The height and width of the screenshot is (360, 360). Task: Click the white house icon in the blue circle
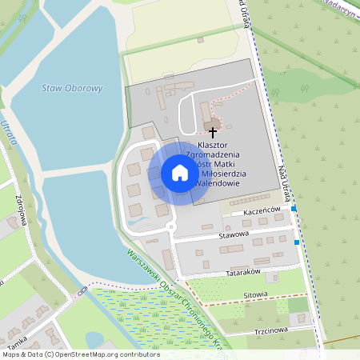[x=179, y=173]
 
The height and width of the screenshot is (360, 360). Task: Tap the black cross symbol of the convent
[x=213, y=130]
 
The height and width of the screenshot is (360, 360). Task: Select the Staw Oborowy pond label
[x=73, y=88]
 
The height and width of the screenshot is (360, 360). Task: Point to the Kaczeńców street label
[x=262, y=210]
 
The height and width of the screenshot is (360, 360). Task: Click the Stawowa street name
[x=234, y=234]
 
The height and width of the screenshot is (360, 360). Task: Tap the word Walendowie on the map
[x=218, y=183]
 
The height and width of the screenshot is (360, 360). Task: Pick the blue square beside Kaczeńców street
[x=294, y=209]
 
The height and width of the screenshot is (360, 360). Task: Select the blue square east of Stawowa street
[x=297, y=242]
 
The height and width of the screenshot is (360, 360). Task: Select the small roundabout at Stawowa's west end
[x=171, y=227]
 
